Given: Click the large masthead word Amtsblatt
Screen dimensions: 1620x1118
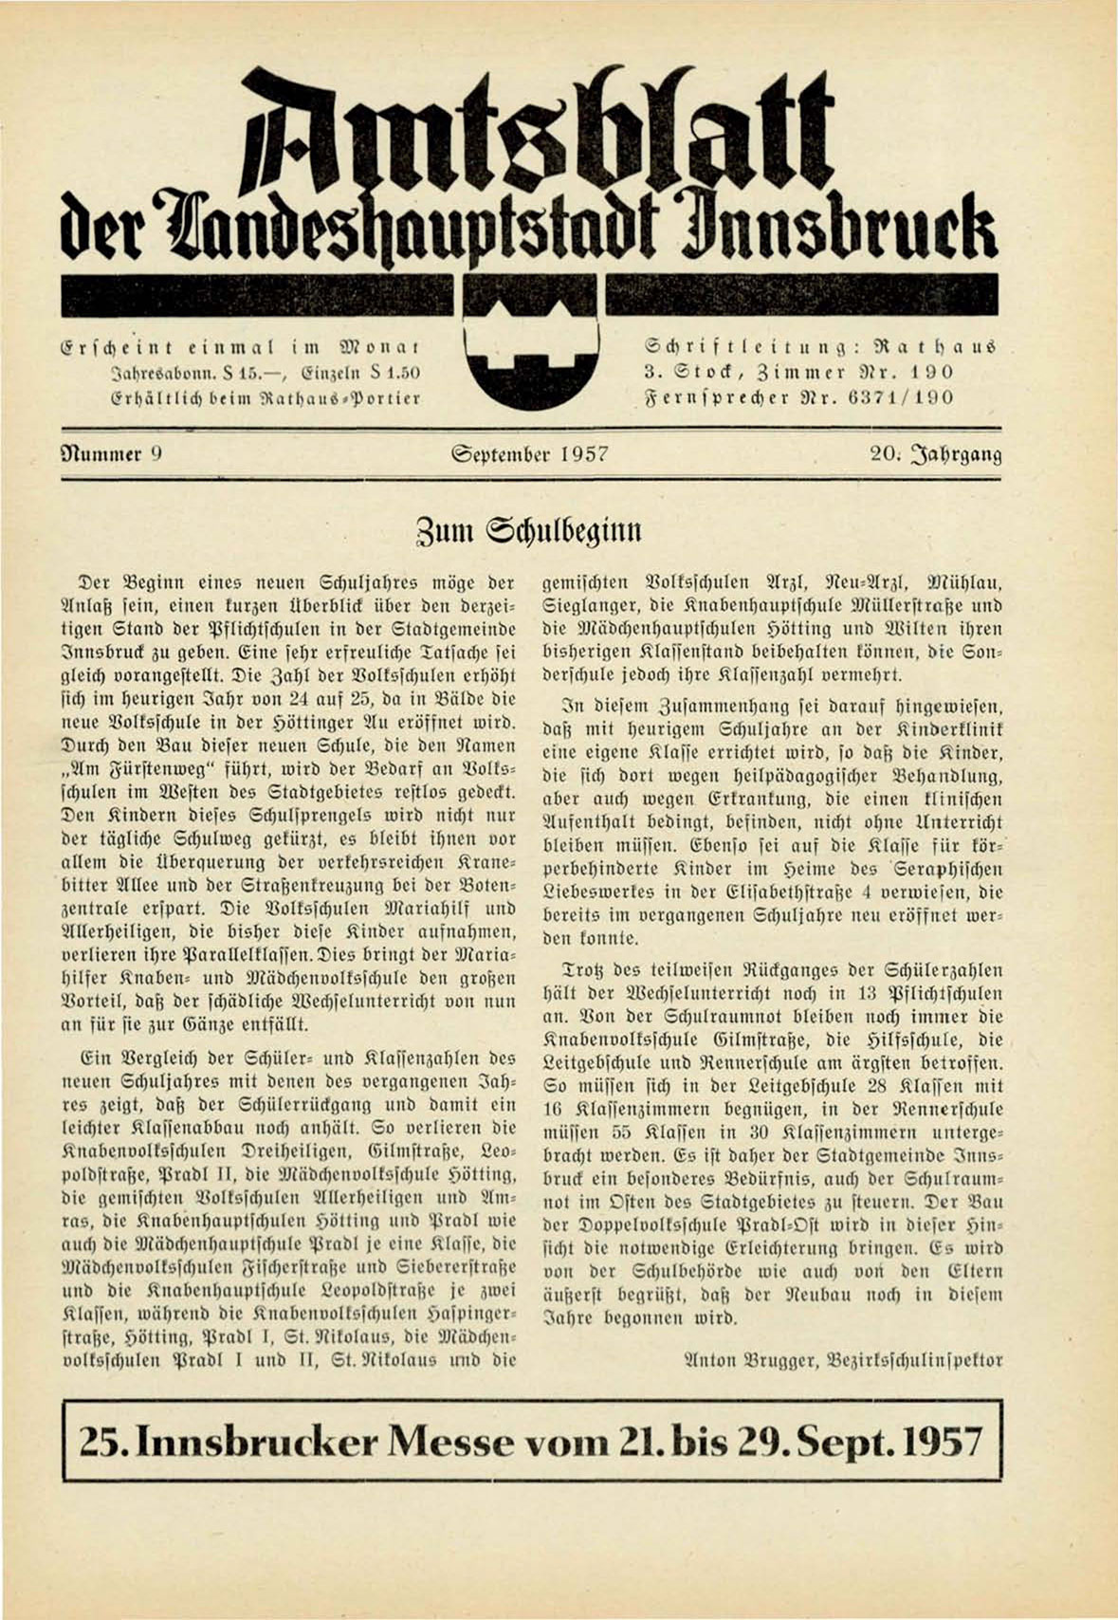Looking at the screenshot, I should pyautogui.click(x=541, y=133).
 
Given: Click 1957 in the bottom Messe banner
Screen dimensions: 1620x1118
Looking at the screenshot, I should pyautogui.click(x=941, y=1443).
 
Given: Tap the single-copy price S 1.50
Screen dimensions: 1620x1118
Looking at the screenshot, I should pyautogui.click(x=392, y=371).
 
